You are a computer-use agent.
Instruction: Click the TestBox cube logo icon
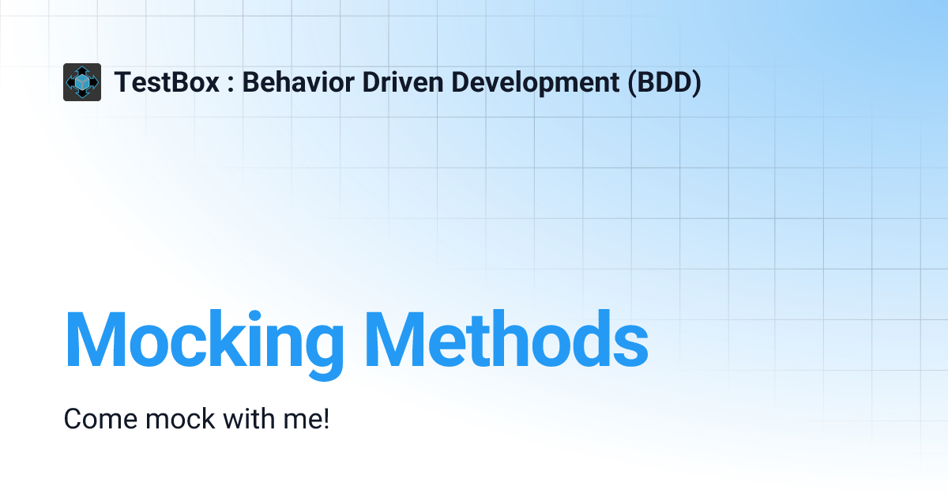click(82, 82)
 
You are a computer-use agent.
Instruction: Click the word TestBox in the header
click(167, 82)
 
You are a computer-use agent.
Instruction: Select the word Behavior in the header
click(298, 81)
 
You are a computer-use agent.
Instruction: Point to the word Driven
click(403, 81)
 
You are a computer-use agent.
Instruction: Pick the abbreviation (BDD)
click(664, 83)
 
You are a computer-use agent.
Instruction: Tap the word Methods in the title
click(506, 339)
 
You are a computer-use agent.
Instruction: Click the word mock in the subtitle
click(180, 419)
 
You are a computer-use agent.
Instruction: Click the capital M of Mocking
click(96, 339)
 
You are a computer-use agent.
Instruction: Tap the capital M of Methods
click(395, 339)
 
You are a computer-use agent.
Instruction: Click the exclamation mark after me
click(325, 419)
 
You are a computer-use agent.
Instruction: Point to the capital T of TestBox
click(125, 82)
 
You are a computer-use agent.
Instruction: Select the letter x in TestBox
click(211, 85)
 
